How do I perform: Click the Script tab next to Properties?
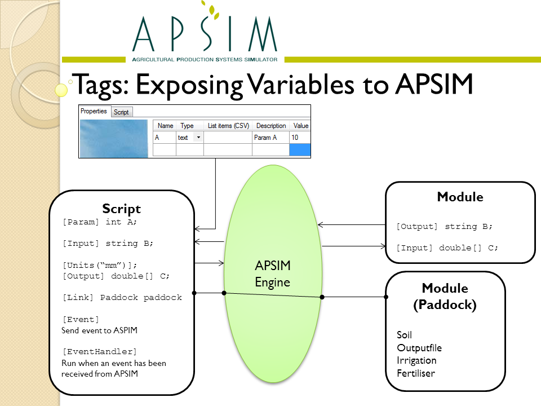121,112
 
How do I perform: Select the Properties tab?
94,111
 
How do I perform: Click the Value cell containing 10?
299,138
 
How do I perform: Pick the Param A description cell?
270,138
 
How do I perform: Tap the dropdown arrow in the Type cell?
198,138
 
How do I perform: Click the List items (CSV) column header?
228,126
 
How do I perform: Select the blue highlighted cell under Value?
299,150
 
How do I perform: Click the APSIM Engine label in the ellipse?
273,274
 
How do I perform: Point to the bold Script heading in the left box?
122,209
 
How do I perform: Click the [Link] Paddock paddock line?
122,298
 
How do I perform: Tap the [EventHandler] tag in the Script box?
100,352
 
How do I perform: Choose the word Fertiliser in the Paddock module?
416,373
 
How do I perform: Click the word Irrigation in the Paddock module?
416,360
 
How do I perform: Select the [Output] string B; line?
445,227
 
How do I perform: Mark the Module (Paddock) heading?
445,297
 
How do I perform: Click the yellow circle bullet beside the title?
61,90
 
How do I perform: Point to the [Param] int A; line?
100,222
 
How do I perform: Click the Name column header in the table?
165,126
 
